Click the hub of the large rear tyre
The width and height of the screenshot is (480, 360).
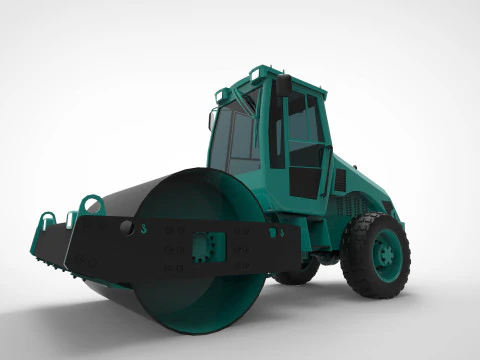coord(384,255)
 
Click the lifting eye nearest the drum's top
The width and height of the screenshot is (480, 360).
coord(92,204)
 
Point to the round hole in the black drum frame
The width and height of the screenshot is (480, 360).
coord(126,228)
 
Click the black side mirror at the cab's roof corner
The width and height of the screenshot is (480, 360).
coord(284,85)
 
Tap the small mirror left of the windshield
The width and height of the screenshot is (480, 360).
coord(211,120)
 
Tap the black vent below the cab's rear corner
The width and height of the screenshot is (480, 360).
coord(340,180)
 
